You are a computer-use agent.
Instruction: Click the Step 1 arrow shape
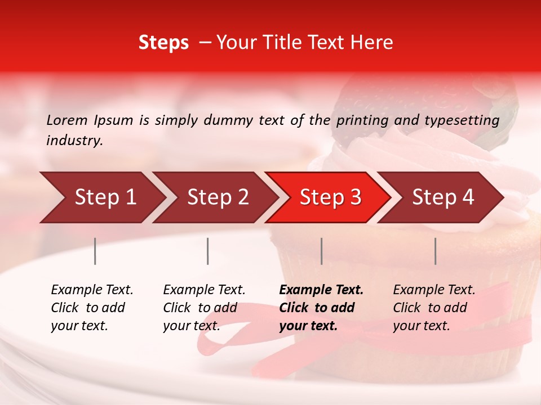101,197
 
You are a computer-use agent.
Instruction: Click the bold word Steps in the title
163,43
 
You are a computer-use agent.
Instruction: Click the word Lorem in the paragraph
67,120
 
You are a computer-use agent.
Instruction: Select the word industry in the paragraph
74,141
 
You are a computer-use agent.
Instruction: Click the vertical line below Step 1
95,251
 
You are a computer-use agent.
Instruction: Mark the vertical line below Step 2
208,251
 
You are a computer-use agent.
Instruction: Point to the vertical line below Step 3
322,251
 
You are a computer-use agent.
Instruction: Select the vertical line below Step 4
435,251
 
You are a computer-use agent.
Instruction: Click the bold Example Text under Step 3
321,290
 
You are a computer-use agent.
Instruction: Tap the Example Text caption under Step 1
92,290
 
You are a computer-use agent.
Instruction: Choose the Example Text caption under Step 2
204,290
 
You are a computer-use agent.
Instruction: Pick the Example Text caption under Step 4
434,290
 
